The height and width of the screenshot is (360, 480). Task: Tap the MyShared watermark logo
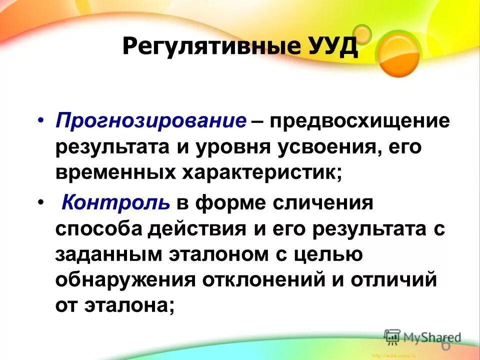point(422,336)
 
